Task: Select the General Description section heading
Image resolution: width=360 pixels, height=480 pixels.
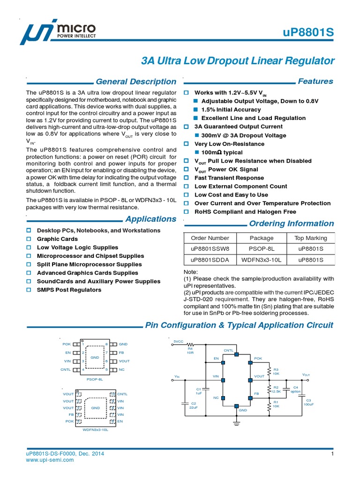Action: click(136, 82)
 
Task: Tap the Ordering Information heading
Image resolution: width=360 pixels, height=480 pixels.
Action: click(292, 223)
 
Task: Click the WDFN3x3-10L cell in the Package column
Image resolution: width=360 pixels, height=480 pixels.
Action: click(262, 259)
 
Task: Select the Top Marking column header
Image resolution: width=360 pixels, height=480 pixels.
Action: click(310, 238)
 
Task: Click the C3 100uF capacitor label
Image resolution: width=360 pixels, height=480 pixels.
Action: click(308, 402)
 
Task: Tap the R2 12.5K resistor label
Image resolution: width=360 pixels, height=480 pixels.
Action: click(276, 390)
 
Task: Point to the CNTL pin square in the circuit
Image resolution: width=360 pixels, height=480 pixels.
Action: click(236, 354)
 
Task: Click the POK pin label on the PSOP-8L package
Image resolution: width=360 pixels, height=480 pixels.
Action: click(66, 345)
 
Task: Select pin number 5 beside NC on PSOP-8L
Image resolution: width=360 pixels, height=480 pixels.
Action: click(107, 370)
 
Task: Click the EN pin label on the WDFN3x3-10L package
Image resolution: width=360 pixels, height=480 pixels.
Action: click(120, 421)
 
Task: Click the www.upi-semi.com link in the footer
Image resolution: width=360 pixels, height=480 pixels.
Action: click(50, 460)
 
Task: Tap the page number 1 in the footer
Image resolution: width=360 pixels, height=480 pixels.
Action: click(332, 454)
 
